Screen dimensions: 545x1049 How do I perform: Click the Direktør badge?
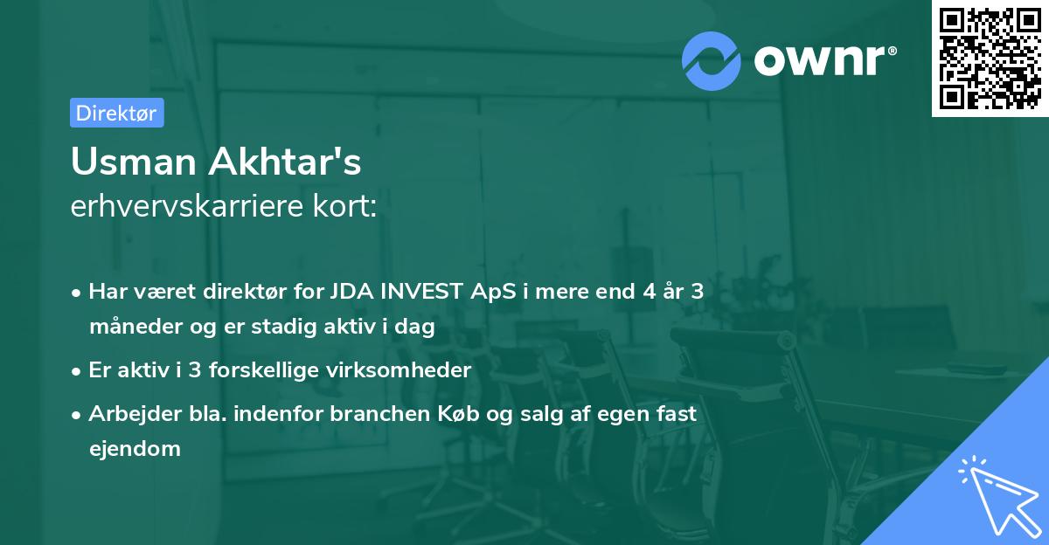tap(116, 113)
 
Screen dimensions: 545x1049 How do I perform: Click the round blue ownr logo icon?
tap(712, 61)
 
